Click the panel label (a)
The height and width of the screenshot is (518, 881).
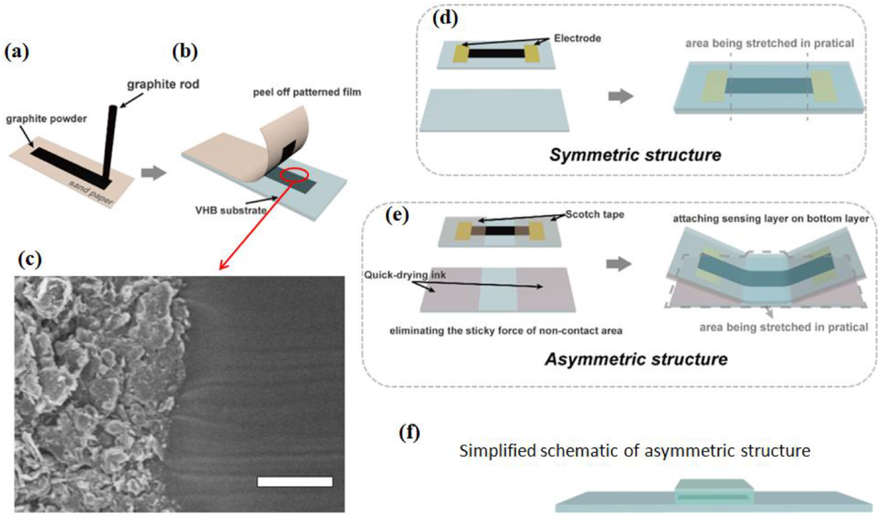17,52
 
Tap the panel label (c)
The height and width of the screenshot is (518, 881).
29,258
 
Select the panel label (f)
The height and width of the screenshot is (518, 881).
409,432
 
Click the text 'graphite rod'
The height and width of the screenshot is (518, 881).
163,84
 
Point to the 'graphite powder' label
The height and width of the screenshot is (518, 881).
46,119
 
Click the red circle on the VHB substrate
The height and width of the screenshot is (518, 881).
294,176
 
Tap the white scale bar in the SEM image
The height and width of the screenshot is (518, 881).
295,482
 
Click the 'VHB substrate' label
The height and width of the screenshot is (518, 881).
231,210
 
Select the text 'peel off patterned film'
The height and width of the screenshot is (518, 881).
307,93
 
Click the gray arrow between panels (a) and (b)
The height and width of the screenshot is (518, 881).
154,173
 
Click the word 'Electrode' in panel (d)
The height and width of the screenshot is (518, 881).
577,38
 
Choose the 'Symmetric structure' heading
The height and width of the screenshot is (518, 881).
635,155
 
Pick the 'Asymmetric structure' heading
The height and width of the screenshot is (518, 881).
636,359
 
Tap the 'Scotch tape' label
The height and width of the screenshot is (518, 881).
595,214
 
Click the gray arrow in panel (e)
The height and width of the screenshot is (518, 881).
619,264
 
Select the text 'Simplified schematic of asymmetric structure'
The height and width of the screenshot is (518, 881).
634,451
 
